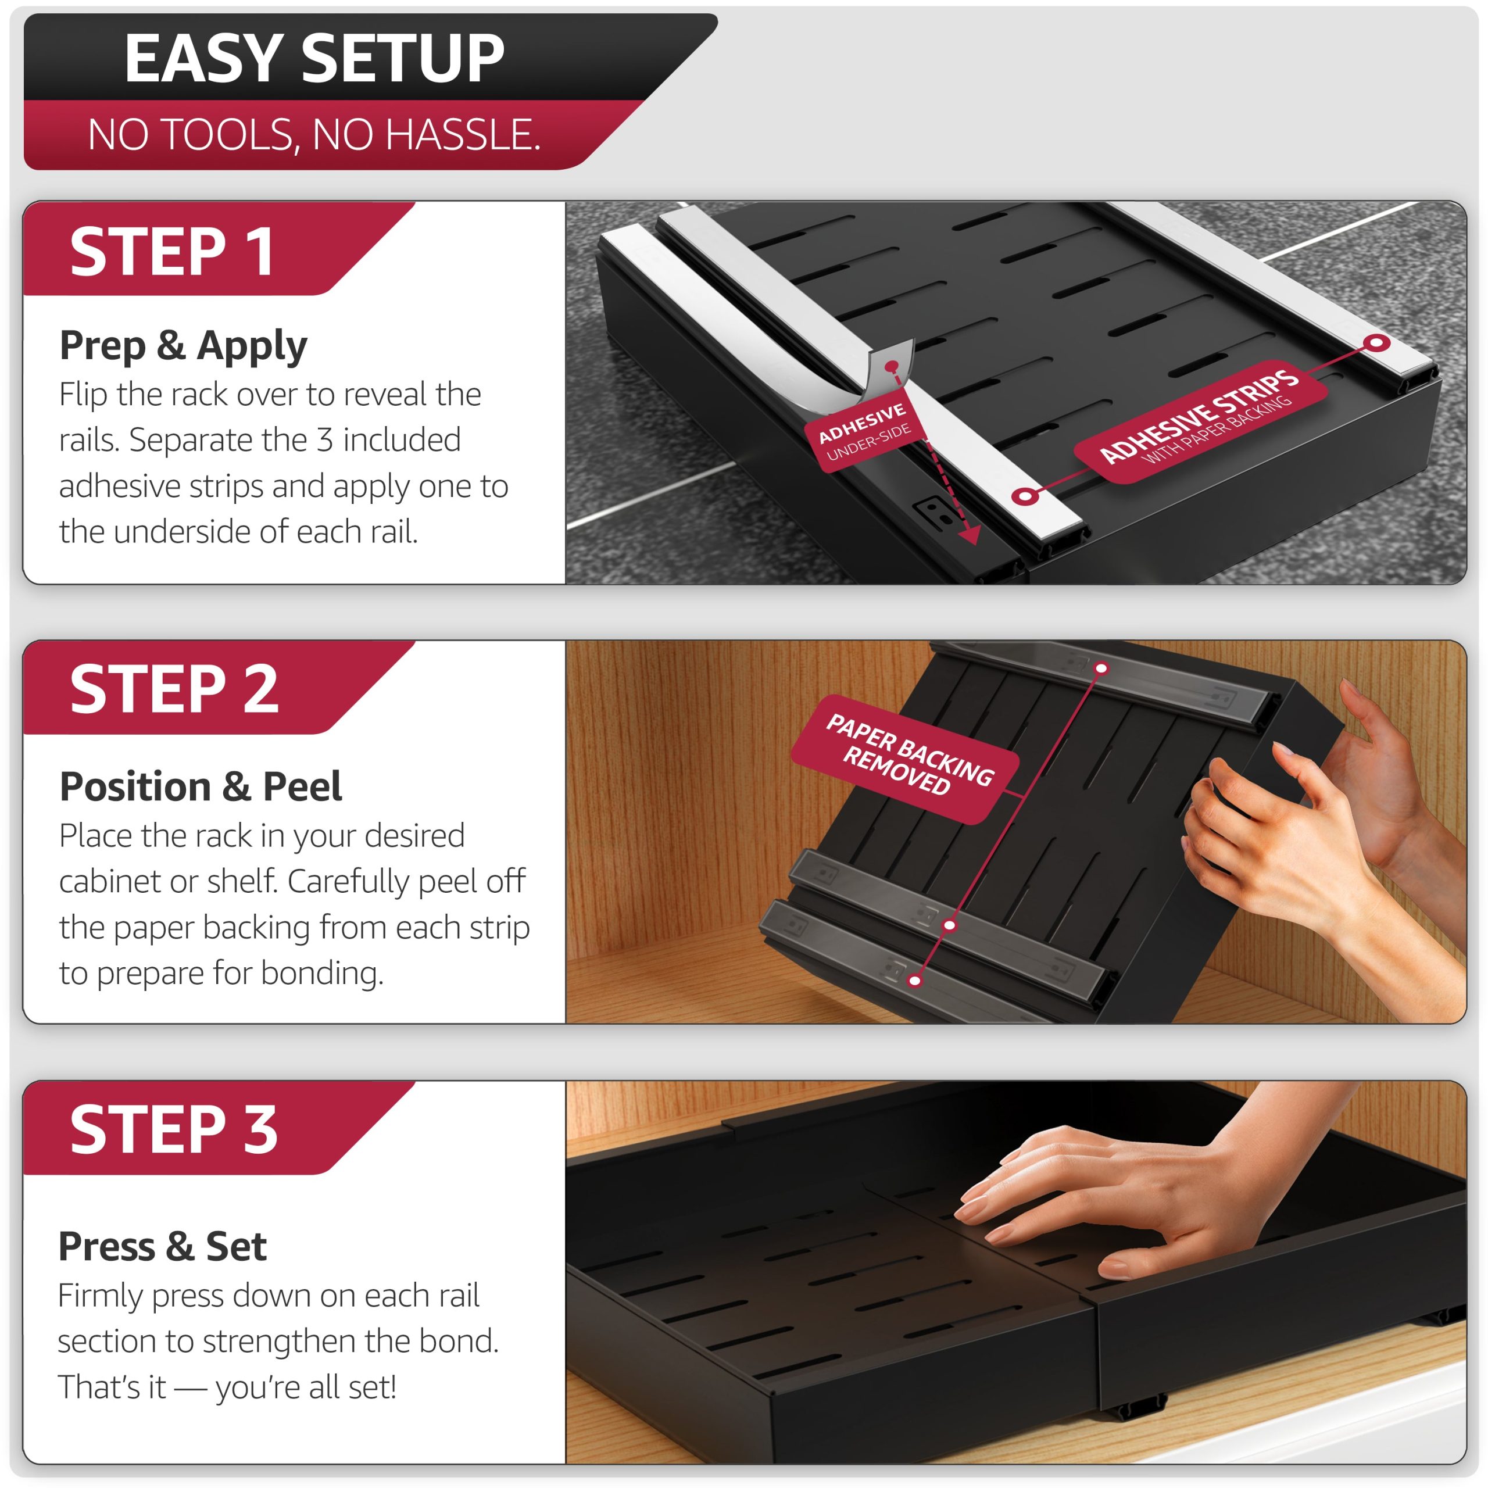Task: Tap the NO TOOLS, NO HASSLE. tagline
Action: pyautogui.click(x=314, y=134)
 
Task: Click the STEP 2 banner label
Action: pyautogui.click(x=174, y=689)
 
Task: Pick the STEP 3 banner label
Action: pyautogui.click(x=174, y=1129)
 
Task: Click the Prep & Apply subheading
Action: pyautogui.click(x=183, y=345)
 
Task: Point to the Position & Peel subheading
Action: pyautogui.click(x=201, y=786)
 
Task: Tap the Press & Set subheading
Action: pyautogui.click(x=163, y=1246)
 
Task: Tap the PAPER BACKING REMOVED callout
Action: pyautogui.click(x=906, y=759)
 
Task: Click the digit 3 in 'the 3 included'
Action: pyautogui.click(x=325, y=440)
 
